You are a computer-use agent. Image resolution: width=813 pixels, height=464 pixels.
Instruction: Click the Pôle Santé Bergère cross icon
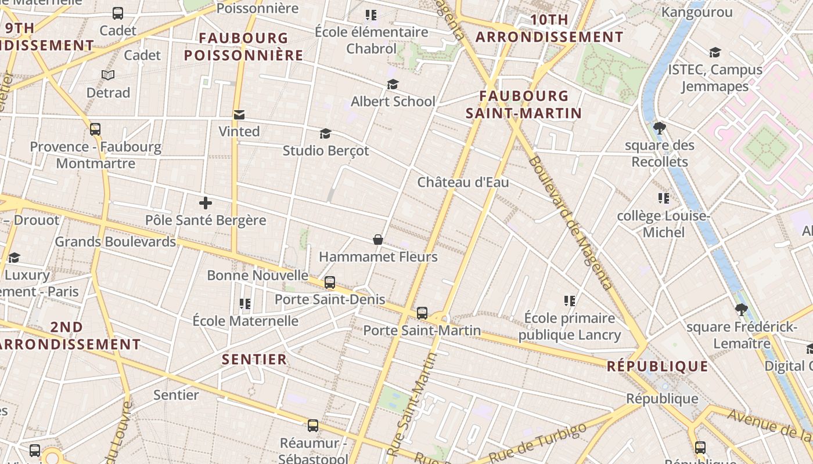(205, 203)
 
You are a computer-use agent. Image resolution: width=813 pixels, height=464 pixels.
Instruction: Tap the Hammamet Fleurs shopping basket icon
(378, 239)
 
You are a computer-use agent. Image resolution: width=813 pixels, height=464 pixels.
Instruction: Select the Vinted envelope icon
(239, 115)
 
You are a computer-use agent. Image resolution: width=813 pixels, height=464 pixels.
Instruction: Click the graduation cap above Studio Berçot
(325, 134)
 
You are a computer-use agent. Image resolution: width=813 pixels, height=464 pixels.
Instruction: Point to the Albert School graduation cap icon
(393, 85)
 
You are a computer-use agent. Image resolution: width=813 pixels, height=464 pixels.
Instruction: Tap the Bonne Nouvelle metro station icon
(330, 282)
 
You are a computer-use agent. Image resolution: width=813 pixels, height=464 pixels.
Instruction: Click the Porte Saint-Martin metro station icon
(422, 313)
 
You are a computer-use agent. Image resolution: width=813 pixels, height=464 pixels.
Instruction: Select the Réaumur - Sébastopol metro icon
(313, 426)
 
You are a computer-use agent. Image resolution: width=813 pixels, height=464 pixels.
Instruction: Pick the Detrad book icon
(108, 75)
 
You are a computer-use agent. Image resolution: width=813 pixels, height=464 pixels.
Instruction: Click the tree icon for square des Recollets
(659, 128)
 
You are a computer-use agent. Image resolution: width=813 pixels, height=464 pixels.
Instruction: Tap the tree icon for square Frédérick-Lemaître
(740, 310)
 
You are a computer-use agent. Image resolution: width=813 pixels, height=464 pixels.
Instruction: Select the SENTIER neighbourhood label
(254, 360)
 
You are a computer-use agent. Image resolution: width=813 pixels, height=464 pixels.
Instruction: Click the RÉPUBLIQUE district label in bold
(657, 367)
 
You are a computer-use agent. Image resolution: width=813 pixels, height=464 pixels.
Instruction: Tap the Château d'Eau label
(463, 182)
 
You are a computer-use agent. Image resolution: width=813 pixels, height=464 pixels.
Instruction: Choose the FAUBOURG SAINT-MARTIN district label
(524, 104)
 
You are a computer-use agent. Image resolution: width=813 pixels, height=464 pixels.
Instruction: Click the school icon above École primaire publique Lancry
(570, 300)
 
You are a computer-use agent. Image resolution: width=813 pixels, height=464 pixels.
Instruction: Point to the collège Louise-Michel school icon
(664, 199)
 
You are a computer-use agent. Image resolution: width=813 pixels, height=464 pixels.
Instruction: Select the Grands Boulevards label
(115, 241)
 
